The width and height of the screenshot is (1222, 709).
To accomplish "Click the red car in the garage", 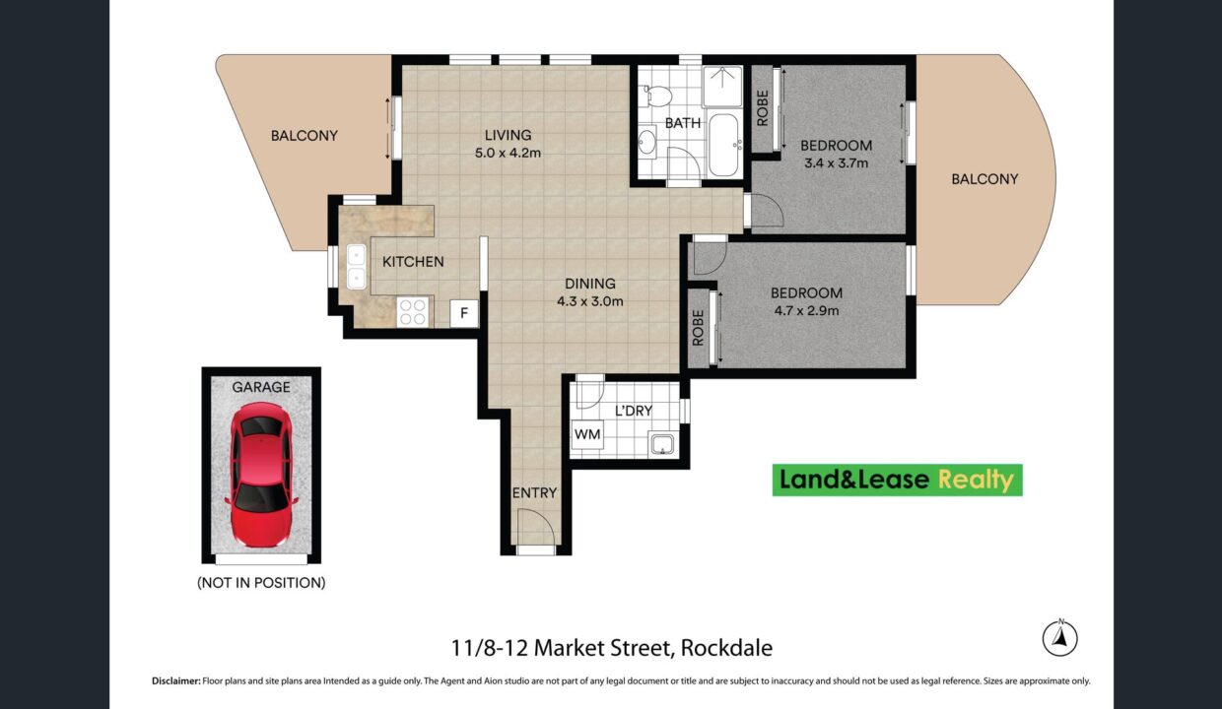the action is (x=261, y=475).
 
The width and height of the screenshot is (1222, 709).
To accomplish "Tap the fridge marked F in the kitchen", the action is (x=464, y=313).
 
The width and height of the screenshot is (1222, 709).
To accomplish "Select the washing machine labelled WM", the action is (x=587, y=434).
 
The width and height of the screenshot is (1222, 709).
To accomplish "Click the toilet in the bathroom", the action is (x=658, y=97).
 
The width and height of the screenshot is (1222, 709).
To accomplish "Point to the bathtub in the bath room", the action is (x=724, y=145).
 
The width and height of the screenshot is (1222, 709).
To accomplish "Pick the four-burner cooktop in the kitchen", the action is (x=412, y=312).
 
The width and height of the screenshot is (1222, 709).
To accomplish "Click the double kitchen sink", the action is (x=356, y=267).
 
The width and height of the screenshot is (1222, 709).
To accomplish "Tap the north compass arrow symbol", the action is (x=1059, y=638).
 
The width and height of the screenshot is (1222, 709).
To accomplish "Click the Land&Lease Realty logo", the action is (x=898, y=481).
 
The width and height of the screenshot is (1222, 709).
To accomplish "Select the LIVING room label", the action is (x=508, y=135).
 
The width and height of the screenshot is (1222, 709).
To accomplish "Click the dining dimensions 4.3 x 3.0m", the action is (x=589, y=301).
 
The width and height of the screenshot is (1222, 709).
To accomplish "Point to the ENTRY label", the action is (x=534, y=493).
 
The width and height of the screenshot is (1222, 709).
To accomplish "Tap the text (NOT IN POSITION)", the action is (x=261, y=583).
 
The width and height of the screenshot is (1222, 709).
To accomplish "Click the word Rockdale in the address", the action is (x=726, y=648).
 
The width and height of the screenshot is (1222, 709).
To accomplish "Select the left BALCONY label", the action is (x=305, y=136).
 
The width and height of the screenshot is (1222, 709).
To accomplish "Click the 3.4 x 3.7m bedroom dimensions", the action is (x=836, y=162).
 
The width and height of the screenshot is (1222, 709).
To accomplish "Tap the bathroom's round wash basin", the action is (x=648, y=142).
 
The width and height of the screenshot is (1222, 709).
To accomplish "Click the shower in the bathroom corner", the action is (x=722, y=86).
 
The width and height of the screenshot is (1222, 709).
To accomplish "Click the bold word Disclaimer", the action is (x=176, y=680).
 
